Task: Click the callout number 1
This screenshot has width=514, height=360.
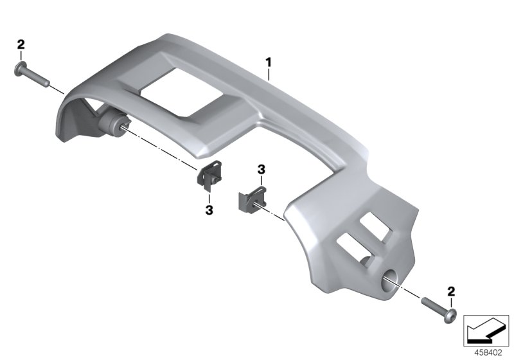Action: coord(269,62)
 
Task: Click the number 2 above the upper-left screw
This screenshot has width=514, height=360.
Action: coord(21,45)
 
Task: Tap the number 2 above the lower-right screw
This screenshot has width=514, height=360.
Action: coord(452,291)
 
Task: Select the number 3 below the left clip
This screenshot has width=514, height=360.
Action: coord(209,210)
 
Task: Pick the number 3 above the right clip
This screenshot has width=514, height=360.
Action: coord(261,170)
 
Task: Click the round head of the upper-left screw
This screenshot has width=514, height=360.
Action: coord(21,69)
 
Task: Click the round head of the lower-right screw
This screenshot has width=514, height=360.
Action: coord(451,316)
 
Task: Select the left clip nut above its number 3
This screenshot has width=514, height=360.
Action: coord(209,177)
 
